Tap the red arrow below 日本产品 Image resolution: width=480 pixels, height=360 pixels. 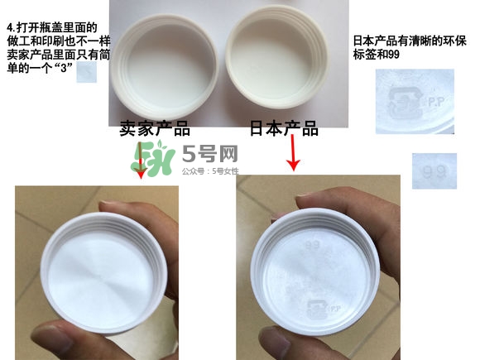[293, 155]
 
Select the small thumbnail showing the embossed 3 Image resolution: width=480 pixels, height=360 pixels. [87, 73]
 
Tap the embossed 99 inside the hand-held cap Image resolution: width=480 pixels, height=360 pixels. [312, 246]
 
